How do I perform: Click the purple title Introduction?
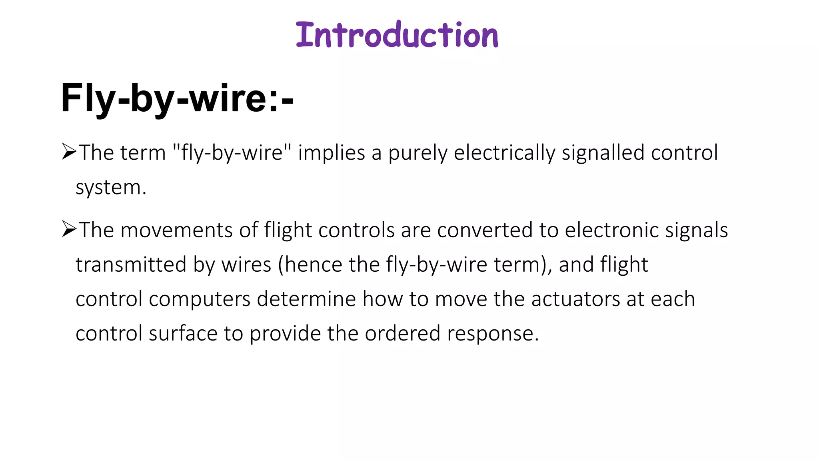397,35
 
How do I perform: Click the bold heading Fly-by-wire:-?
177,98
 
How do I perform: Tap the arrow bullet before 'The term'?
69,152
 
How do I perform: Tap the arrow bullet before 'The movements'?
69,229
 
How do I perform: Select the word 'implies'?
332,153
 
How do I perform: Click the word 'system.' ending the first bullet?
111,187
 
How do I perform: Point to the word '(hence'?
310,265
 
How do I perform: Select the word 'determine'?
306,299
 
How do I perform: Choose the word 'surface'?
183,334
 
